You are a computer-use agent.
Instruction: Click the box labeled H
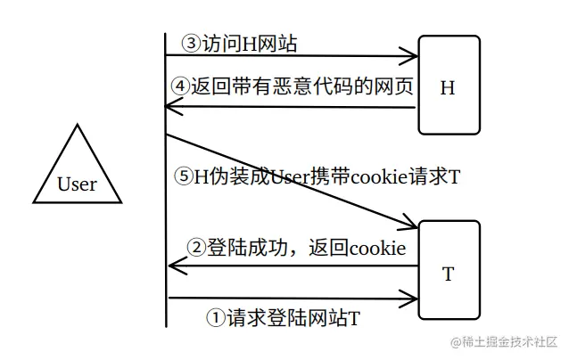pos(448,86)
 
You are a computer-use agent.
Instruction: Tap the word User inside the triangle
pos(77,185)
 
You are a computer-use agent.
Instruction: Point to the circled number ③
pos(191,43)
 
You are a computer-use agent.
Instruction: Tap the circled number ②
pos(194,246)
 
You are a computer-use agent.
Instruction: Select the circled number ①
pos(215,316)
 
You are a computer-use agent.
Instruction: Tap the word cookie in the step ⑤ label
pos(352,176)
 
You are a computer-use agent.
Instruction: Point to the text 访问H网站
pos(245,43)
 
